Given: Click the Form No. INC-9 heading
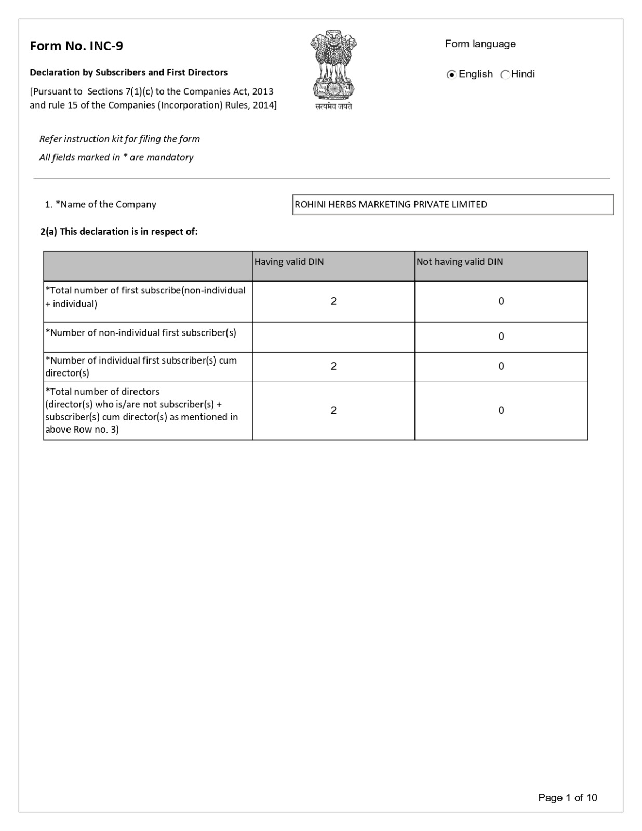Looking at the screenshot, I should coord(76,46).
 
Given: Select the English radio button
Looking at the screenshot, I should coord(451,75).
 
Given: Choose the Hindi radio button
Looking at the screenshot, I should coord(505,75).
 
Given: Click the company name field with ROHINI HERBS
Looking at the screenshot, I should coord(453,205).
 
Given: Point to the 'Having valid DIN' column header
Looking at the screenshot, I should coord(289,262).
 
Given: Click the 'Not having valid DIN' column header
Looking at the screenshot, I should coord(460,262).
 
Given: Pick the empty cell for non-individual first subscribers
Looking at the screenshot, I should coord(333,337).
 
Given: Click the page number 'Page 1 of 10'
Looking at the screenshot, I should coord(567,798).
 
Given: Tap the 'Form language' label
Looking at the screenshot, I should coord(480,44).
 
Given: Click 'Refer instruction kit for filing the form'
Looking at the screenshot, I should coord(119,139).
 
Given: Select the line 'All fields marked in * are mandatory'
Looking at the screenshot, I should coord(116,157).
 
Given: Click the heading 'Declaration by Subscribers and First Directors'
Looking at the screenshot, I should coord(128,73).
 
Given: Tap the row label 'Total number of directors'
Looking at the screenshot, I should coord(103,392).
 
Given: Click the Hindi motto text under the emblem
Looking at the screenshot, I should coord(333,106).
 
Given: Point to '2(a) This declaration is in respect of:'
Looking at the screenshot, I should coord(119,232).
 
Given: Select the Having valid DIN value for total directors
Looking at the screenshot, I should coord(333,411).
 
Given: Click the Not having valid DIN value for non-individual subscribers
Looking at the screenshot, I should coord(501,337).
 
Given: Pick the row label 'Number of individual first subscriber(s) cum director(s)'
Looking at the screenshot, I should coord(141,367).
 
